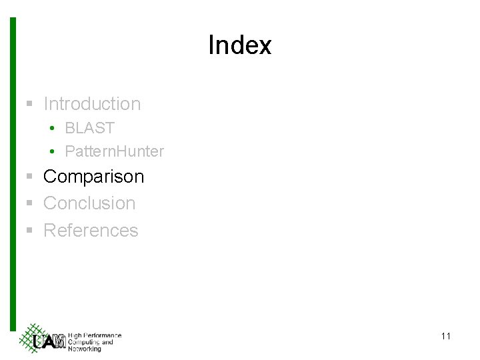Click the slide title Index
239,45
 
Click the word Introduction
92,104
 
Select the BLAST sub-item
90,128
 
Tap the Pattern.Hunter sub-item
114,151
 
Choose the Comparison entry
93,177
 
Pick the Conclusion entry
89,203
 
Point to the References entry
91,231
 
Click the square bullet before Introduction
29,105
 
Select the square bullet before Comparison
29,177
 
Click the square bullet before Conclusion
29,204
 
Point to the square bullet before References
29,231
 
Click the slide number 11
445,336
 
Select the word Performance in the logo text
102,335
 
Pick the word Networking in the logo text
85,349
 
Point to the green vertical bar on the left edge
12,173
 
